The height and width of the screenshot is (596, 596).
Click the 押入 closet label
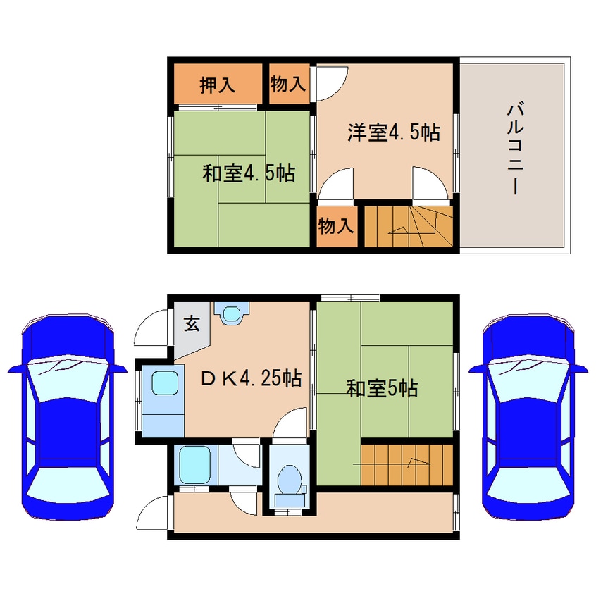tap(217, 85)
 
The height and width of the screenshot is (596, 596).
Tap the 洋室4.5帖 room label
tap(393, 132)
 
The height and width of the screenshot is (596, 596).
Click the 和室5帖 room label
tap(382, 388)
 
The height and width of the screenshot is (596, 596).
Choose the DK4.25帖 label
tap(252, 379)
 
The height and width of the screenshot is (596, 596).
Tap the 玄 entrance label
tap(191, 323)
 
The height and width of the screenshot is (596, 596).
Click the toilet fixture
tap(290, 480)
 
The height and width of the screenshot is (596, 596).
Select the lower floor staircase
tap(406, 464)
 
